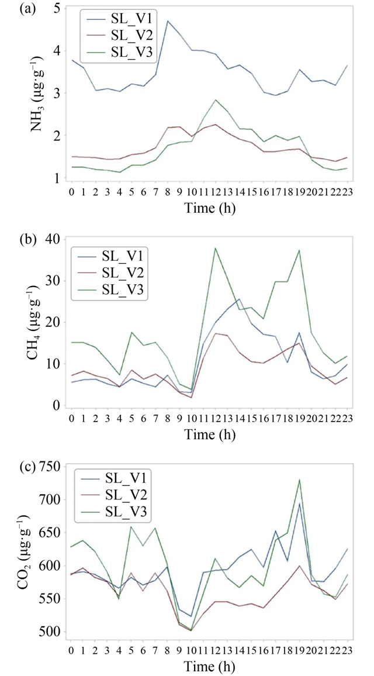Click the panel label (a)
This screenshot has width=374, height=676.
pyautogui.click(x=15, y=9)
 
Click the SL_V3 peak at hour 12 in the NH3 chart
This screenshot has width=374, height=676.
pyautogui.click(x=216, y=100)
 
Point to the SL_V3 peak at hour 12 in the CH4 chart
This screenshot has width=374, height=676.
pyautogui.click(x=216, y=248)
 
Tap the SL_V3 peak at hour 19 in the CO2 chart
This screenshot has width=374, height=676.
pyautogui.click(x=300, y=480)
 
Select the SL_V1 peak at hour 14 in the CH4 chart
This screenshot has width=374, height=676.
pyautogui.click(x=240, y=299)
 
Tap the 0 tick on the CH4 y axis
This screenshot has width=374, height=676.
pyautogui.click(x=56, y=405)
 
